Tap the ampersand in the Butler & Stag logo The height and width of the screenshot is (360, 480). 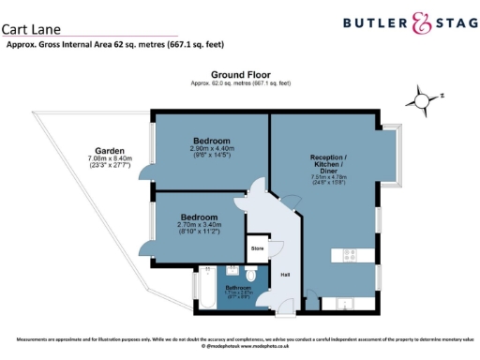coord(402,22)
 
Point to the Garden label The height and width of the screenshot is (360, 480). coord(109,151)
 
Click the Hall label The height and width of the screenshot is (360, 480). coord(285,275)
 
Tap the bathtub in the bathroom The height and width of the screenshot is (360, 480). coord(204,291)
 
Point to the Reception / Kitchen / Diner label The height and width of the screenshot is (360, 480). coord(335,164)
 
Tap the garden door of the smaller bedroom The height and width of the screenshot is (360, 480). coord(148,247)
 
